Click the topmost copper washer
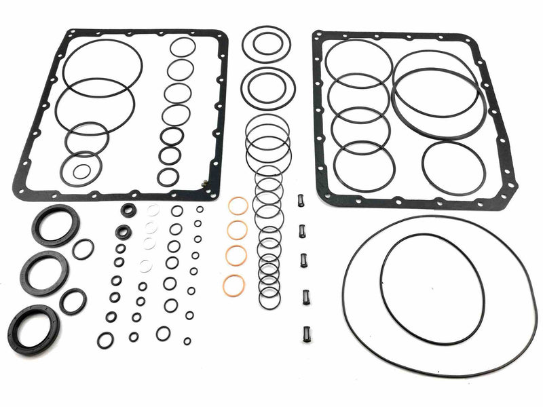click(238, 206)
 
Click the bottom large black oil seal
click(34, 326)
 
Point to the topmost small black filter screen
click(299, 201)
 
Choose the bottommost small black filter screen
click(305, 334)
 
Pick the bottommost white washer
click(145, 265)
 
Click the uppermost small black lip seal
click(128, 210)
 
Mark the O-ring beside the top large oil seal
click(83, 249)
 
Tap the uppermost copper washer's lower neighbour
click(237, 231)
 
